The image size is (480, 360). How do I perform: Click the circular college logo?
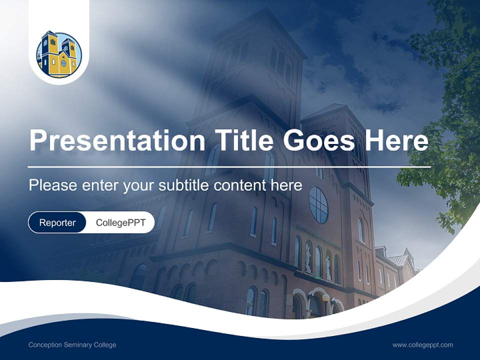(59, 54)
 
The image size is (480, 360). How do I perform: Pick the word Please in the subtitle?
(52, 185)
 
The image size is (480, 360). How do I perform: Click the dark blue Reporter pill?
(57, 222)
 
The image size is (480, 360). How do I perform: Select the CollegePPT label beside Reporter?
(120, 222)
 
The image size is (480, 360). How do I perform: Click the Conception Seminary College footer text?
(72, 345)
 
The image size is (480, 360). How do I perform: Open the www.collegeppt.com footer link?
(422, 345)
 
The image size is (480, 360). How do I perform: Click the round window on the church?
(318, 205)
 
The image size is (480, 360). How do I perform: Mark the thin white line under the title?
(229, 166)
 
